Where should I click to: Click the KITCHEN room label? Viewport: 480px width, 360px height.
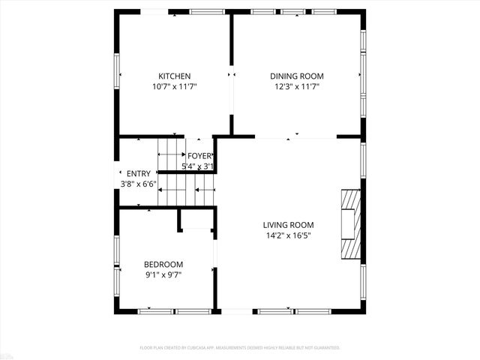(174, 76)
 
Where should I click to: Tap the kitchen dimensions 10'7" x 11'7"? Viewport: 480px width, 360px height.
(174, 86)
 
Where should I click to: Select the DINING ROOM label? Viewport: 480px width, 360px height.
(297, 76)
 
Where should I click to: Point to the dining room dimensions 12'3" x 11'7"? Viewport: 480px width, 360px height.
(297, 86)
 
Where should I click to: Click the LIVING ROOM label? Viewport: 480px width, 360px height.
(288, 224)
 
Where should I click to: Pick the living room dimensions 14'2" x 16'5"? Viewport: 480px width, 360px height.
(288, 235)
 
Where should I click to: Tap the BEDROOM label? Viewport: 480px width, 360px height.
(163, 264)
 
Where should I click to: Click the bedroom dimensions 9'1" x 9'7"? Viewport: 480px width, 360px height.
(163, 274)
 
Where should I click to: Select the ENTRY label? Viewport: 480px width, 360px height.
(138, 173)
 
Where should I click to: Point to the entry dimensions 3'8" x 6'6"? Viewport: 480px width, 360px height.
(138, 184)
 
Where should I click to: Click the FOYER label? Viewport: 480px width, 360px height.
(199, 156)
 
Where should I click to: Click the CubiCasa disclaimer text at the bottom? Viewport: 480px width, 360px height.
(240, 348)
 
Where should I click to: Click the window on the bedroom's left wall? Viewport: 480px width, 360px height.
(116, 277)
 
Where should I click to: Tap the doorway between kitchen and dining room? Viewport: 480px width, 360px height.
(232, 74)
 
